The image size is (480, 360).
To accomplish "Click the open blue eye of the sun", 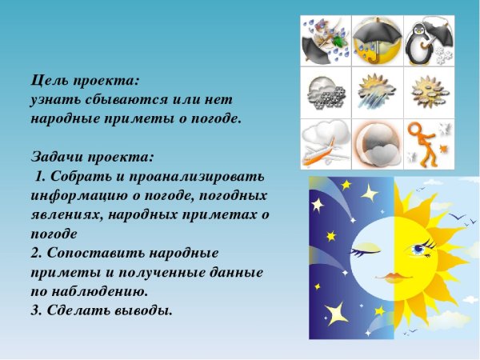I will [x=419, y=250].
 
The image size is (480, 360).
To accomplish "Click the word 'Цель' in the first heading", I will [x=49, y=80].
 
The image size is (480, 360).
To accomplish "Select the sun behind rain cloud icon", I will [x=375, y=93].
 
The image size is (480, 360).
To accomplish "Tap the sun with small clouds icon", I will [x=427, y=92].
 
